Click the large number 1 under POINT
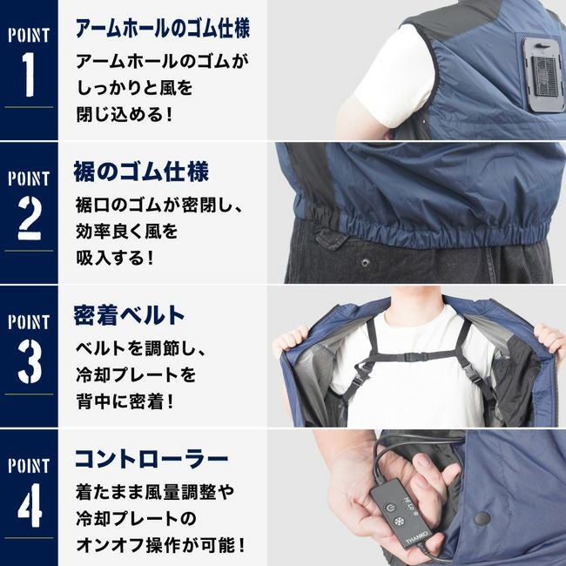[29, 74]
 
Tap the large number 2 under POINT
[29, 218]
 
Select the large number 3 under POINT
[30, 361]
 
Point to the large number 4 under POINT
[30, 505]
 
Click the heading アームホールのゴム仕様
[163, 28]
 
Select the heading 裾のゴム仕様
[141, 172]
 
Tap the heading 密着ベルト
[129, 315]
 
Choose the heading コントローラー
[152, 459]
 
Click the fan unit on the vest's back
[543, 74]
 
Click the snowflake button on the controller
[399, 522]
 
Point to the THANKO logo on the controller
[416, 536]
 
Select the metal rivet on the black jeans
[366, 262]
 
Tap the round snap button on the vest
[482, 519]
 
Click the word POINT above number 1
[29, 36]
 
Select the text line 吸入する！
[115, 258]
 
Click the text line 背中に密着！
[125, 401]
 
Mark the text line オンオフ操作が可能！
[160, 545]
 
